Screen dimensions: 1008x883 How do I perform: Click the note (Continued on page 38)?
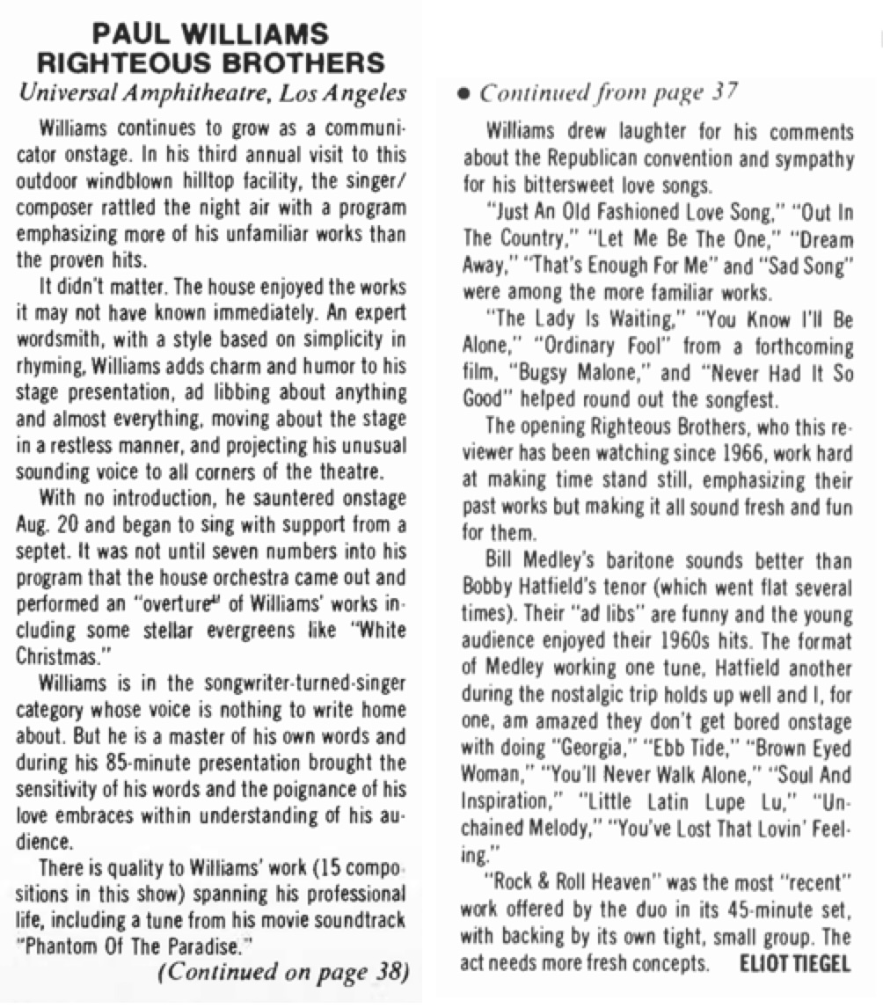pos(282,970)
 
